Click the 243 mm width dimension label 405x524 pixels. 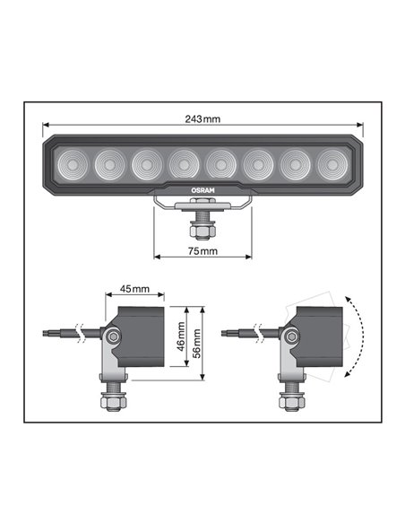[202, 119]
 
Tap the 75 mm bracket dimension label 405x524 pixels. [202, 252]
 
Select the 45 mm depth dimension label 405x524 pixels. [134, 290]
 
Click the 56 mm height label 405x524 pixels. [198, 341]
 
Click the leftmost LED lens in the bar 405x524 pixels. [72, 164]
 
